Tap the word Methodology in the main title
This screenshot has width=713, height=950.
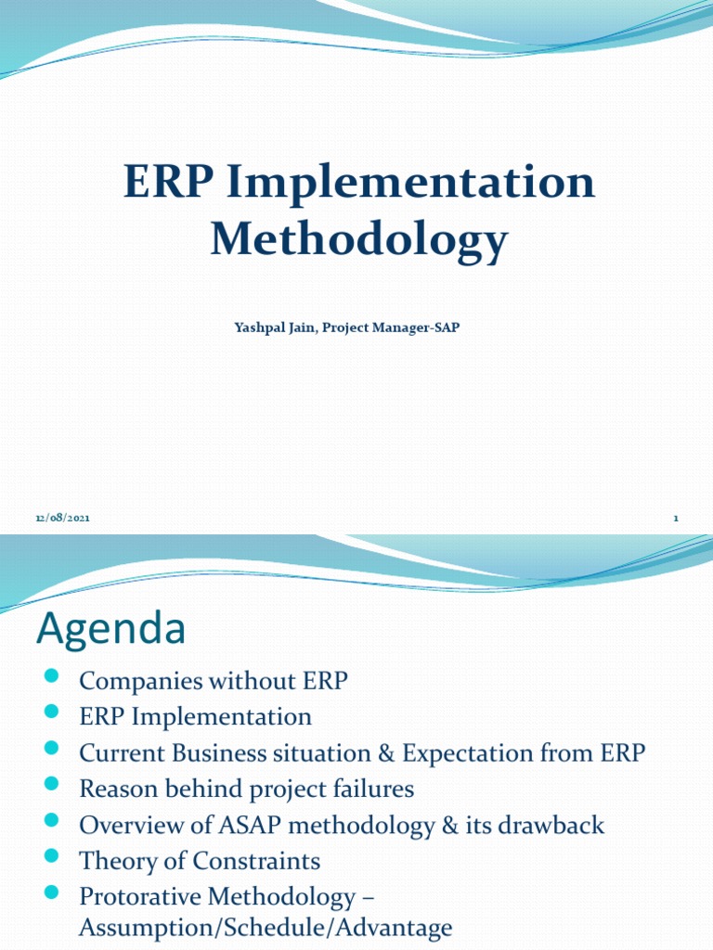point(358,239)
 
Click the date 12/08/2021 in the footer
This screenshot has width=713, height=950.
point(63,518)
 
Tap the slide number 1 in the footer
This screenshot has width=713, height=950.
point(676,518)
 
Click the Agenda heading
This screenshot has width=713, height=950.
point(110,630)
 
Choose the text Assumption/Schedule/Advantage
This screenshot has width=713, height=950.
point(266,927)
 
